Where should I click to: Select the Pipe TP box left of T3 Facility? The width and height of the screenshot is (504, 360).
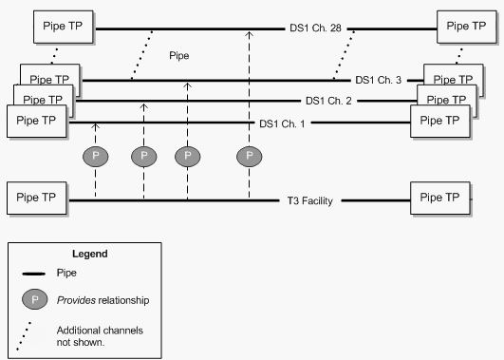coord(37,199)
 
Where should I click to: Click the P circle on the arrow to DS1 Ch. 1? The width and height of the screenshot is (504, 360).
coord(95,155)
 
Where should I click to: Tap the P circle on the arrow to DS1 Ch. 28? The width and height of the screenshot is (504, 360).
coord(250,155)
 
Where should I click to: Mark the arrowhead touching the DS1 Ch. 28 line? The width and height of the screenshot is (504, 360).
coord(250,33)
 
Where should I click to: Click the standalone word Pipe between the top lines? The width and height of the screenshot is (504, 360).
coord(179,56)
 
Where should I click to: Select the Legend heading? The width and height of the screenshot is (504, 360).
coord(89,254)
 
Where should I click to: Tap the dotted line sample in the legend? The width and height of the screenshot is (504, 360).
coord(31,333)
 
